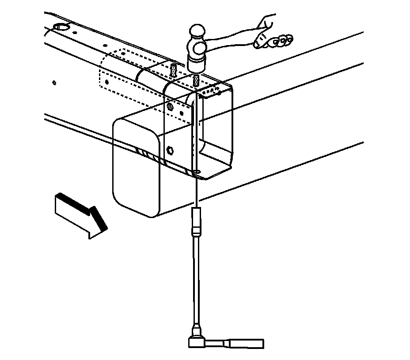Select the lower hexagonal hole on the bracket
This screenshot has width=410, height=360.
point(169,149)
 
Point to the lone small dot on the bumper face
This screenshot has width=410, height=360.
point(54,82)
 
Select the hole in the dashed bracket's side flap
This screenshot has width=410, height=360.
point(106,81)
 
